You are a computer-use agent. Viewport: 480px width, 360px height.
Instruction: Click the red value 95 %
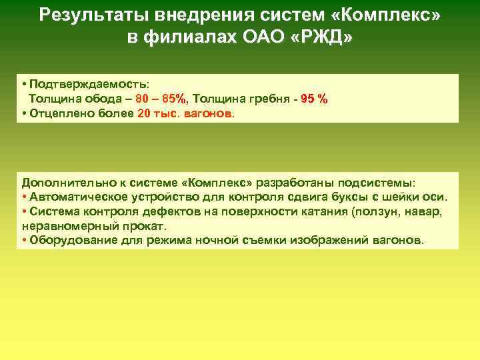click(314, 99)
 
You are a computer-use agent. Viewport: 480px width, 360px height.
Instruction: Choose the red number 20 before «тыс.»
click(144, 113)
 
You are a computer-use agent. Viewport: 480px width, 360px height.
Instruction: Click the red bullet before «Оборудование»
click(24, 240)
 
